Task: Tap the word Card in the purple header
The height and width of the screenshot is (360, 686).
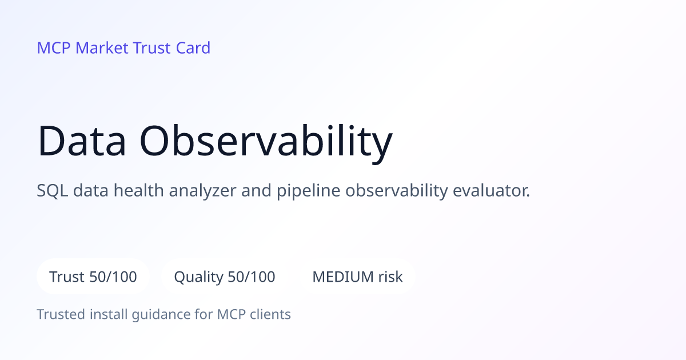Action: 193,48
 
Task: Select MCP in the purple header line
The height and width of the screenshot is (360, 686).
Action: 54,48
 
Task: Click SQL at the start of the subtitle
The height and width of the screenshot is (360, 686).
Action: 53,190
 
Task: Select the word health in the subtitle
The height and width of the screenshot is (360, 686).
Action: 139,190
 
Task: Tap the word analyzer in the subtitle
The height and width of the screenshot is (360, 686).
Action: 203,191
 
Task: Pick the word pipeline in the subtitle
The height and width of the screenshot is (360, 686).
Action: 308,191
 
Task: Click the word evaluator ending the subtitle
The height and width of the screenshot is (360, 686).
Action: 491,190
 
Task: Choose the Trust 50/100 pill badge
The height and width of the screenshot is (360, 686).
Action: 93,277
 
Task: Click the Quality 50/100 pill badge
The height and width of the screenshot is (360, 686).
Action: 225,277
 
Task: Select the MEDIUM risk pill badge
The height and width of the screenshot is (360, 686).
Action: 357,277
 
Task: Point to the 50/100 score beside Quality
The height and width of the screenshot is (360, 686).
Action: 252,277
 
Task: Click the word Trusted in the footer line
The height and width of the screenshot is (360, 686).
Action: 61,314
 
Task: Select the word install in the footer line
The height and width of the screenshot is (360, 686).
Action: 109,314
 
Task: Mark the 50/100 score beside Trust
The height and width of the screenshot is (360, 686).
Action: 113,277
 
